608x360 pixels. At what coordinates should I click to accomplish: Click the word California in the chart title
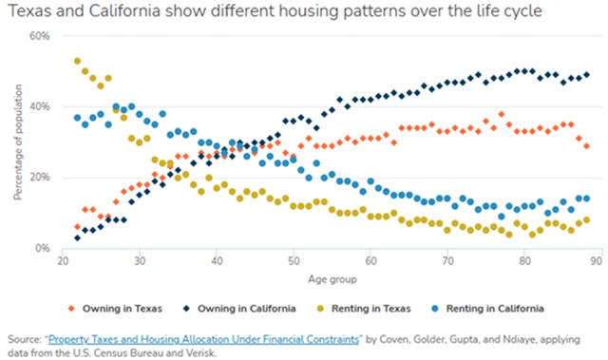pos(124,10)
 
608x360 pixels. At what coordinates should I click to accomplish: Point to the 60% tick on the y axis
pos(40,36)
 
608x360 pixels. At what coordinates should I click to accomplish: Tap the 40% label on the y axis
pos(40,106)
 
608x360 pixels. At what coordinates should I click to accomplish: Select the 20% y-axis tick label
pos(40,178)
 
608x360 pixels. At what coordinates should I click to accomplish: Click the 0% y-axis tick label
pos(43,248)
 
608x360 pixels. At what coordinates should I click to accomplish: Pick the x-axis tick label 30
pos(140,261)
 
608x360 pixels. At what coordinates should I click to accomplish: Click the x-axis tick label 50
pos(294,261)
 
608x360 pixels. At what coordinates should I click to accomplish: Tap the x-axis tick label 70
pos(447,261)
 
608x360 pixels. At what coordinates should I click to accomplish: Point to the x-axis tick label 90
pos(597,261)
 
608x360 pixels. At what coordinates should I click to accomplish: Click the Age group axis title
pos(332,279)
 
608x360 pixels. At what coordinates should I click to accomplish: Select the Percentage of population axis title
pos(17,142)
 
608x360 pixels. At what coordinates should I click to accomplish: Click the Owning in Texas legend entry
pos(115,309)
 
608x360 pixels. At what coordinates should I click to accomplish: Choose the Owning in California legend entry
pos(239,309)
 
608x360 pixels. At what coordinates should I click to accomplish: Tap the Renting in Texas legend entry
pos(364,309)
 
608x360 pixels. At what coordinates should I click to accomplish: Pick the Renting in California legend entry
pos(488,309)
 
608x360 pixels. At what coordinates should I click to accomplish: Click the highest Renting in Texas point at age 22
pos(77,61)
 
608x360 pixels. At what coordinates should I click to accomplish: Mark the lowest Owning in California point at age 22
pos(77,237)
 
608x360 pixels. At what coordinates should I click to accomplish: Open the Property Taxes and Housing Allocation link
pos(203,340)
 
